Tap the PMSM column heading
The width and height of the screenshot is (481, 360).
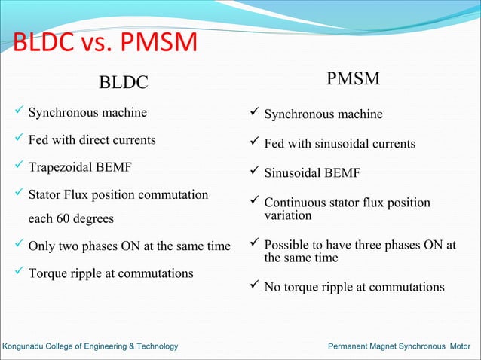pos(354,78)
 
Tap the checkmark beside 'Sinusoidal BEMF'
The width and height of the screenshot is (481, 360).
pos(255,174)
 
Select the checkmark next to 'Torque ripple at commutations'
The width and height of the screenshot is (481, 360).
pos(20,273)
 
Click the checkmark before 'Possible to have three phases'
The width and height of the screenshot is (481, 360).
pos(255,246)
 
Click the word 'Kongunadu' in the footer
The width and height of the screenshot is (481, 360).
pos(25,346)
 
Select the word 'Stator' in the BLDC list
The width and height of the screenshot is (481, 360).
pos(45,195)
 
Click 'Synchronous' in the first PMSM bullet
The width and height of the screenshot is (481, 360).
pos(296,114)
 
